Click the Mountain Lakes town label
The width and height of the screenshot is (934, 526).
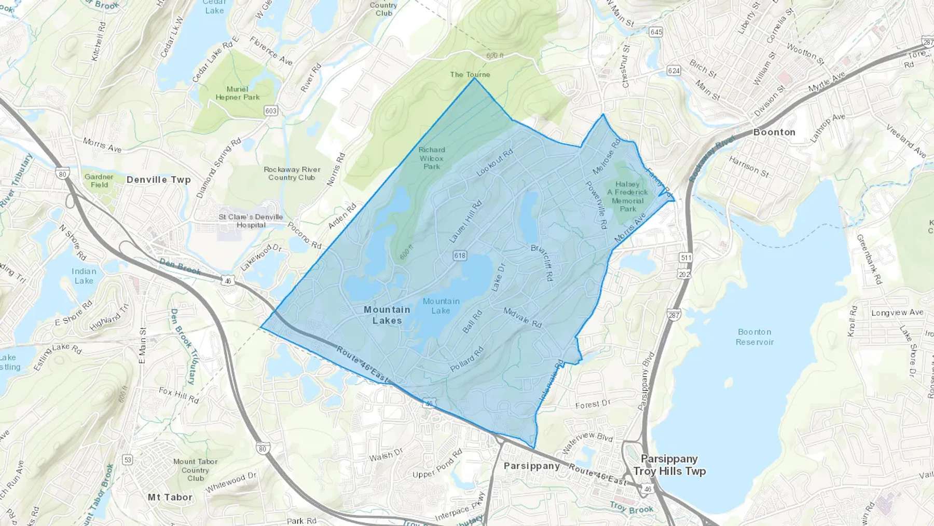[387, 315]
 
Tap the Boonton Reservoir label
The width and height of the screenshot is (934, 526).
[754, 337]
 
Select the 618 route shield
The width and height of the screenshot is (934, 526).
[460, 255]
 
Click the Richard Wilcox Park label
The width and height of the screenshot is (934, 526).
[431, 158]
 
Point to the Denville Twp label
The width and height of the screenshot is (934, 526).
[158, 180]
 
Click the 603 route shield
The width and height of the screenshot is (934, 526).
[271, 111]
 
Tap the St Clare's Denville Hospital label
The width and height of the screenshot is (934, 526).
[251, 221]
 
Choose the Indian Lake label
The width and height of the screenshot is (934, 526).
[84, 276]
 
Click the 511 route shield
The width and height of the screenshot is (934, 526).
[686, 258]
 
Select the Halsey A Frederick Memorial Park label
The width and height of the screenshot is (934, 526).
[627, 196]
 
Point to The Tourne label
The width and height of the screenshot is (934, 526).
[470, 74]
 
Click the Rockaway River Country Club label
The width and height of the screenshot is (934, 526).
[292, 173]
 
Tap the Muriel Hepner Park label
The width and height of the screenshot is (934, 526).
[237, 93]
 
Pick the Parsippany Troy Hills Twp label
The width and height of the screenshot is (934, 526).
[669, 465]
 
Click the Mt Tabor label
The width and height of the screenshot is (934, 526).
[170, 497]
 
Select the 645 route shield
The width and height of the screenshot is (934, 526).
[656, 32]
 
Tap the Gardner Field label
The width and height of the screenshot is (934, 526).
[99, 181]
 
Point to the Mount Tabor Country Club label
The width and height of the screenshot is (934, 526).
[195, 470]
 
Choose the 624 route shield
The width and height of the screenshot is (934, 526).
[674, 71]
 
